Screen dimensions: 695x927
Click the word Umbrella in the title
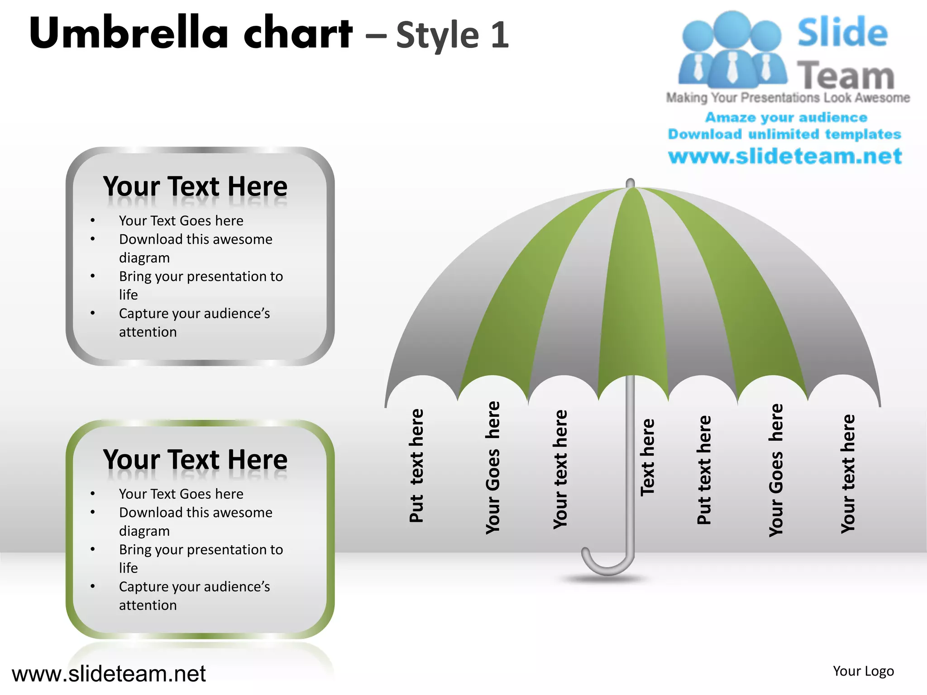pos(129,33)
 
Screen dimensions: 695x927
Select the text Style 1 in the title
pos(453,35)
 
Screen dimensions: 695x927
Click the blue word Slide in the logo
pos(842,33)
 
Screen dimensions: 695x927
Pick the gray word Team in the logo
pos(846,75)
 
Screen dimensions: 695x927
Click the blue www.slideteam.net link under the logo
pos(785,156)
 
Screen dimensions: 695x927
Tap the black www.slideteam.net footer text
pos(109,673)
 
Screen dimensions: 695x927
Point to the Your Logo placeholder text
pos(863,671)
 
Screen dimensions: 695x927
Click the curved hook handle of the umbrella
pos(607,563)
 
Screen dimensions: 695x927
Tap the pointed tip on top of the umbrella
pos(630,183)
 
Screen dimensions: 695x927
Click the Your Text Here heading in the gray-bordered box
pos(195,186)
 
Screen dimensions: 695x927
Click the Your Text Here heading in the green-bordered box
pos(195,460)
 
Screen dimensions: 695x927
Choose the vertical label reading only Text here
pos(647,457)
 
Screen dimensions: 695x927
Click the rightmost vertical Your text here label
pos(848,473)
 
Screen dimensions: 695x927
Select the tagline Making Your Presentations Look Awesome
pos(788,98)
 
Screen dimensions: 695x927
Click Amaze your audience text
pos(786,118)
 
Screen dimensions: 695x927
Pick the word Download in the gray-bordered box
pos(151,239)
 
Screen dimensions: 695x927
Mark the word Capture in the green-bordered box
pos(143,587)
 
